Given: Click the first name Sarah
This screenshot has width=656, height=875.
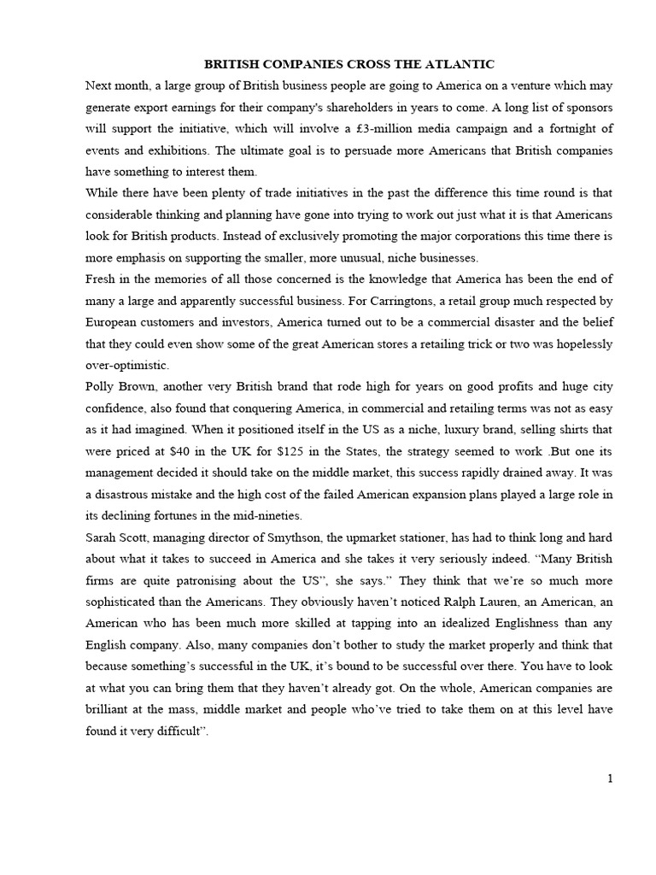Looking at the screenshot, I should [103, 537].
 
